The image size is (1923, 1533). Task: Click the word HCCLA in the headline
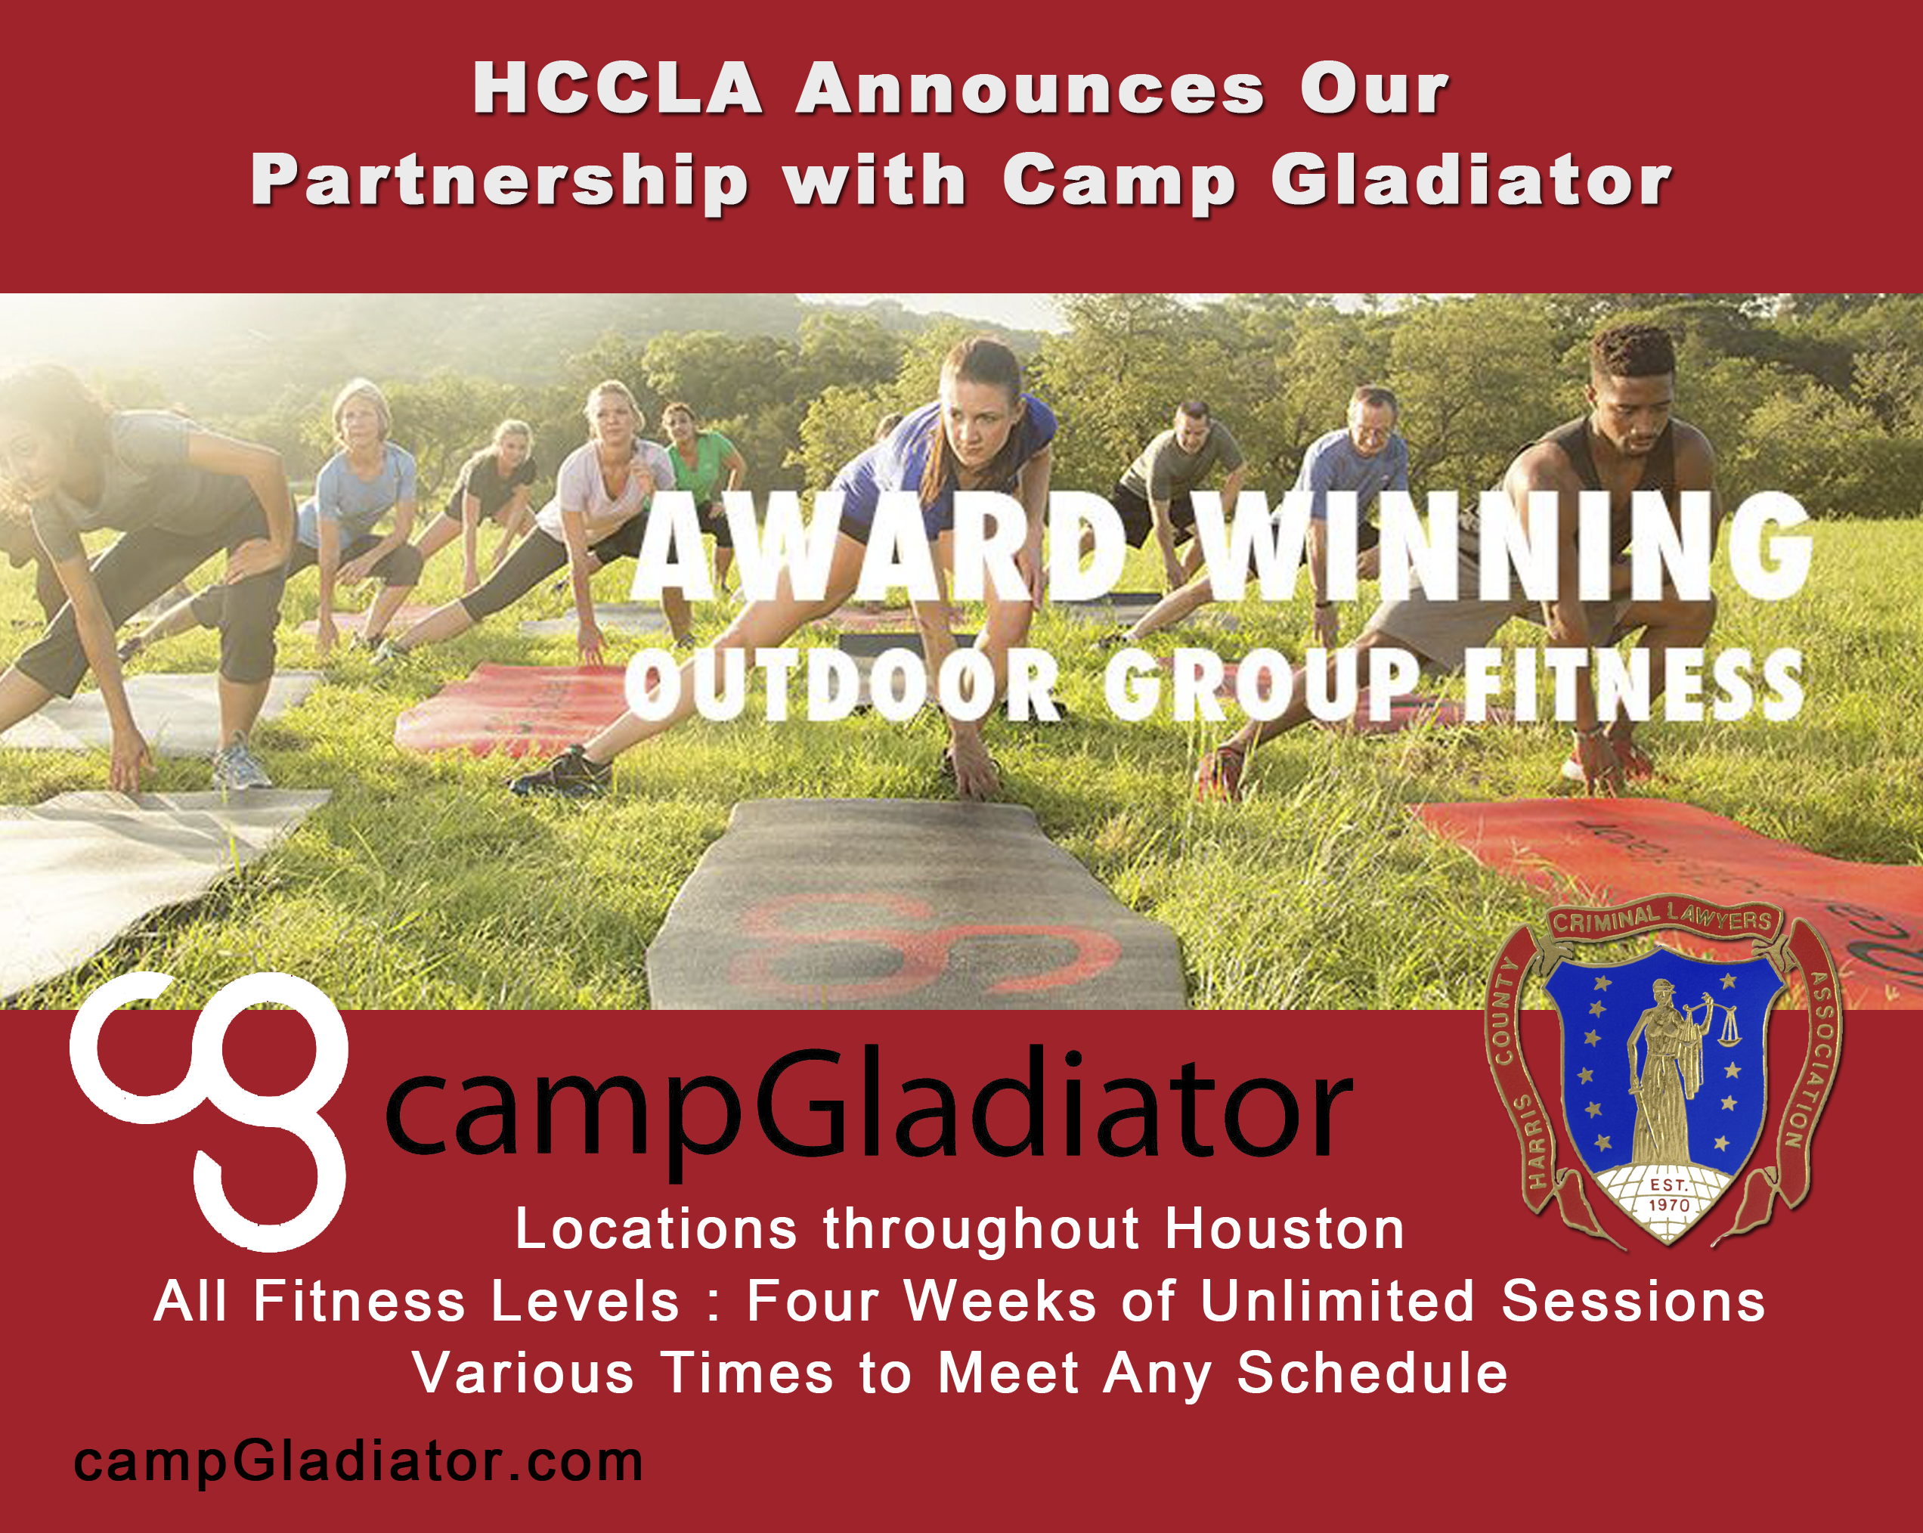coord(618,89)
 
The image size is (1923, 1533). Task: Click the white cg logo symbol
coord(209,1110)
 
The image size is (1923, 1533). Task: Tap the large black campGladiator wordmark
coord(869,1111)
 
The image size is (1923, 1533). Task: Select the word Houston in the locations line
coord(1284,1229)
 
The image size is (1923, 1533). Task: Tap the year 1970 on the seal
coord(1668,1205)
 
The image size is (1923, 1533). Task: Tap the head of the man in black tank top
coord(1632,383)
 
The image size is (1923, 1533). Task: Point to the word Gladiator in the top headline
coord(1471,180)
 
